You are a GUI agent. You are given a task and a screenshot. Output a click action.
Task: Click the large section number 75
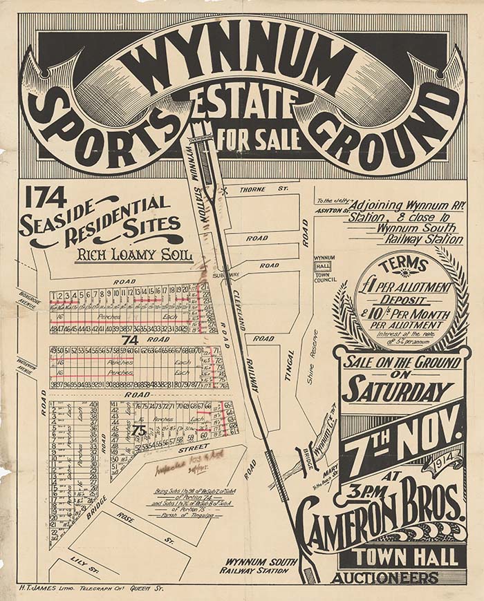(x=139, y=430)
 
